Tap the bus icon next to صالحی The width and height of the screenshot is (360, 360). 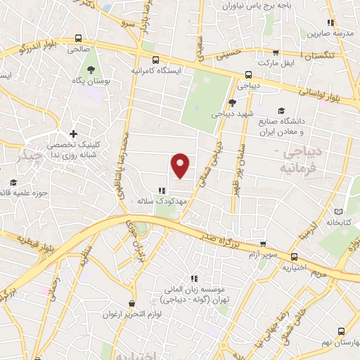tap(78, 39)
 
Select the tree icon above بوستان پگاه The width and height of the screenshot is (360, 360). tap(91, 68)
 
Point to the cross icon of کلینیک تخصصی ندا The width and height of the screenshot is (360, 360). tap(73, 134)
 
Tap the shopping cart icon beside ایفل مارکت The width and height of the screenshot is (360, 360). tap(276, 53)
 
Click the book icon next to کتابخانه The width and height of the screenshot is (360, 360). tap(339, 212)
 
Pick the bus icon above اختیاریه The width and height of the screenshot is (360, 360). tap(294, 257)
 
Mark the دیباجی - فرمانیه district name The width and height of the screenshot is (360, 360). tap(294, 160)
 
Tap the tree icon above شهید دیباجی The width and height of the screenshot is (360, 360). tap(231, 103)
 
